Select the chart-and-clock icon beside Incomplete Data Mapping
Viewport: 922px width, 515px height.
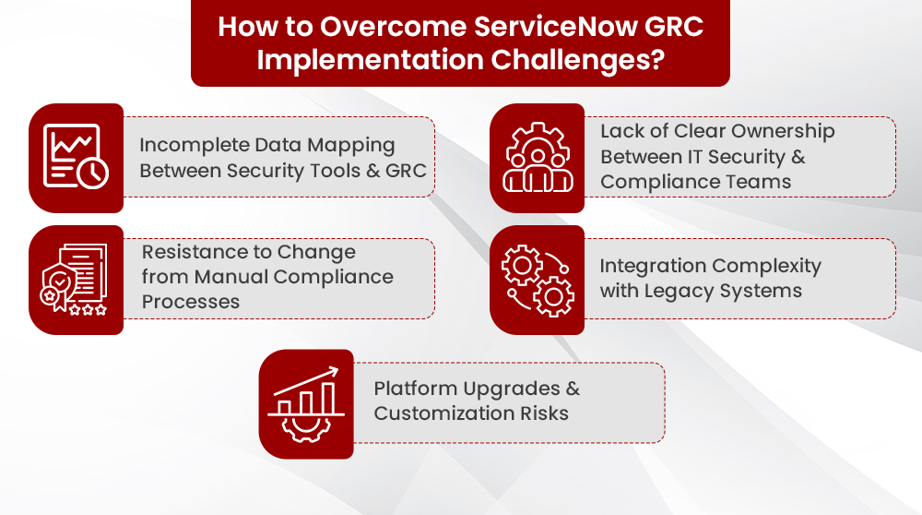pos(77,158)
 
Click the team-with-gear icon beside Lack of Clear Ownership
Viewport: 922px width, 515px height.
pos(537,158)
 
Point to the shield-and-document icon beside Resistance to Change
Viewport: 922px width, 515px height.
pos(77,280)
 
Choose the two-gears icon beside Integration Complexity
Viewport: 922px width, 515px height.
pos(537,280)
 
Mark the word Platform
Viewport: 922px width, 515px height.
pos(414,388)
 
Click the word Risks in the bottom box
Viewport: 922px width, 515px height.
pos(544,413)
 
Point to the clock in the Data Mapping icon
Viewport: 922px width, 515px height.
pos(93,173)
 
